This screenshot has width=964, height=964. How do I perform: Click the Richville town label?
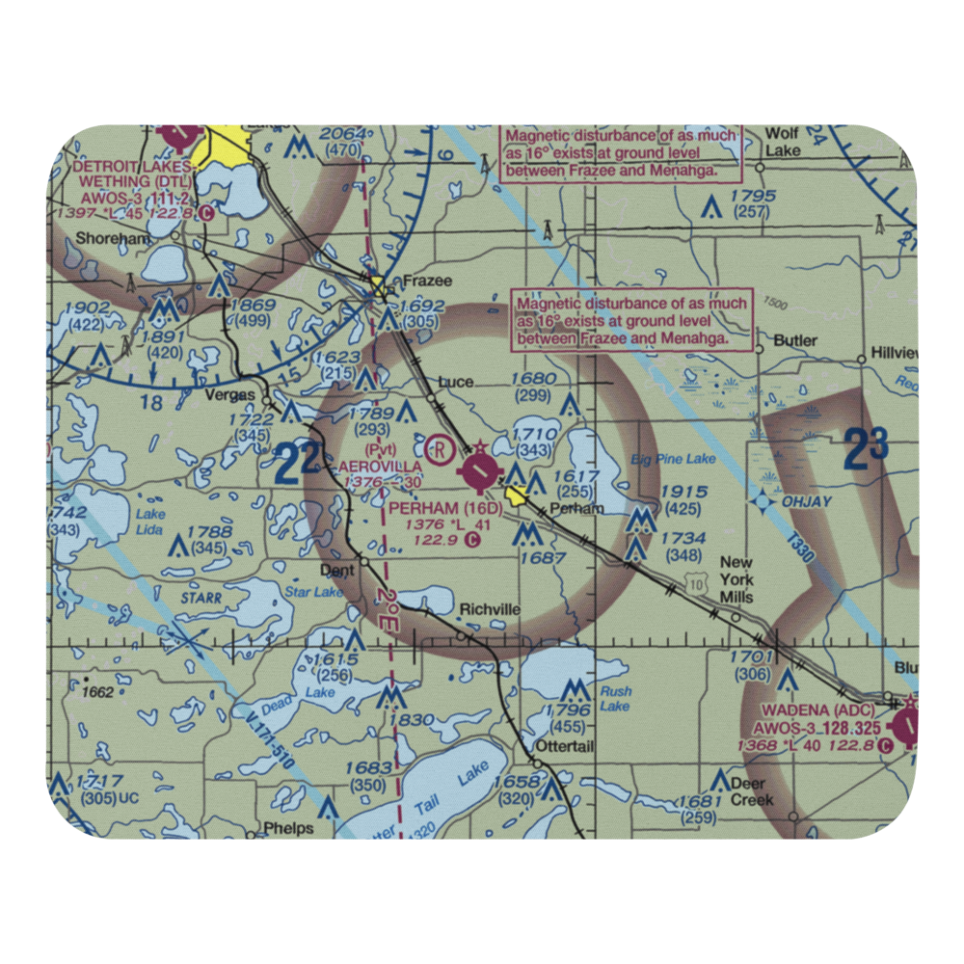[490, 609]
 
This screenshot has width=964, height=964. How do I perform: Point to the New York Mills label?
[737, 580]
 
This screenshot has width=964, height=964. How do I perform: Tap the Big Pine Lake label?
[674, 459]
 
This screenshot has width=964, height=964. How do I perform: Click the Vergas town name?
[230, 395]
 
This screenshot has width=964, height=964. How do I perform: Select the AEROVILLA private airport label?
[380, 466]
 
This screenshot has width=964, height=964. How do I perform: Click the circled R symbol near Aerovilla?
[439, 448]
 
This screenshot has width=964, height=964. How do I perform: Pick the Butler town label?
[795, 340]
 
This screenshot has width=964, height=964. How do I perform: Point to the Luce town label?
[455, 382]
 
